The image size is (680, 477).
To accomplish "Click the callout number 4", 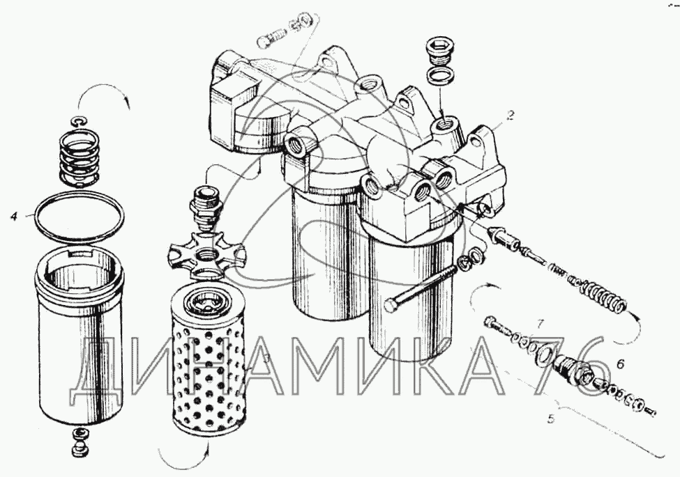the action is point(15,216).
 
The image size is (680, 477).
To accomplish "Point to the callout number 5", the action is point(551,419).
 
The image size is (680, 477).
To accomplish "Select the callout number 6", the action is point(620,364).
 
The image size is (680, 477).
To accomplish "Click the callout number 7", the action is point(540,323).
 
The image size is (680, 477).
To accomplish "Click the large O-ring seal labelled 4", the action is point(79,216).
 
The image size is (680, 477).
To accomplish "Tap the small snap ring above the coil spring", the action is point(80,121).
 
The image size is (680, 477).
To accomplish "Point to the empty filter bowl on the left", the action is point(79,336).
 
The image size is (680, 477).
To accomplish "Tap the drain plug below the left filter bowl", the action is point(80,443).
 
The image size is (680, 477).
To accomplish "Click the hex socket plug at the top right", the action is point(441,49).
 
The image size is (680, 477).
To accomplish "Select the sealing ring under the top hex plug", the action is point(441,76).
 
